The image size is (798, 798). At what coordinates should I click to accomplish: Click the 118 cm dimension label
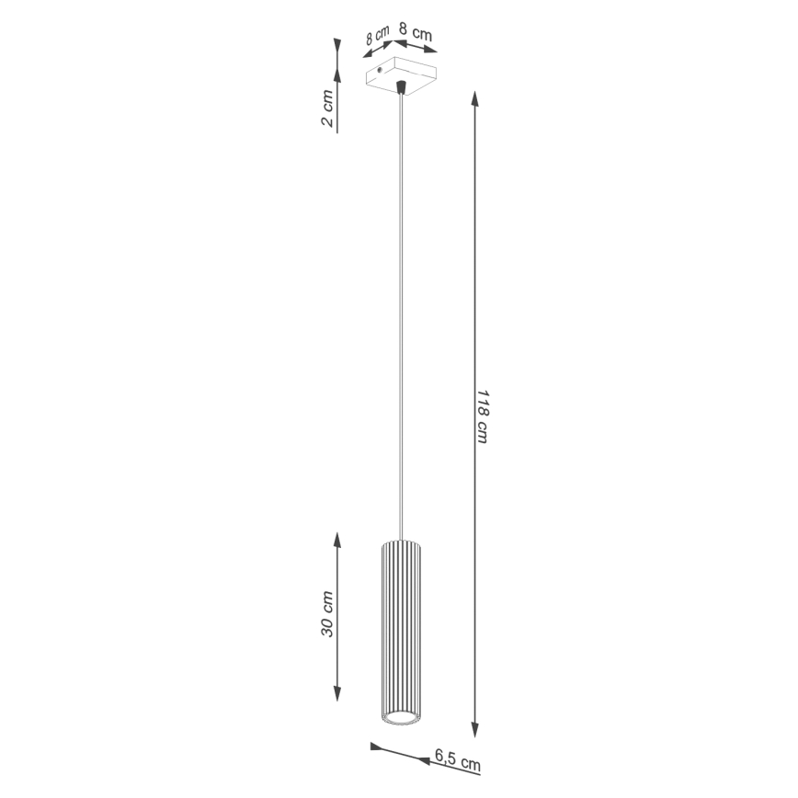coord(481,416)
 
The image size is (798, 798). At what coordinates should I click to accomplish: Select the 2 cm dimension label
coord(328,109)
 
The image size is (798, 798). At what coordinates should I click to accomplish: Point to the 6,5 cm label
coord(457,760)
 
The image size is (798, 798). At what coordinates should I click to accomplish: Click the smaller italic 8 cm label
coord(377,37)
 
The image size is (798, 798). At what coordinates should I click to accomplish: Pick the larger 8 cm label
coord(416,33)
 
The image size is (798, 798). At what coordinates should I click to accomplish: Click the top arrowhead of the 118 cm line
coord(475,97)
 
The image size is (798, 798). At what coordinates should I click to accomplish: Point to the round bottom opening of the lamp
coord(400,716)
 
